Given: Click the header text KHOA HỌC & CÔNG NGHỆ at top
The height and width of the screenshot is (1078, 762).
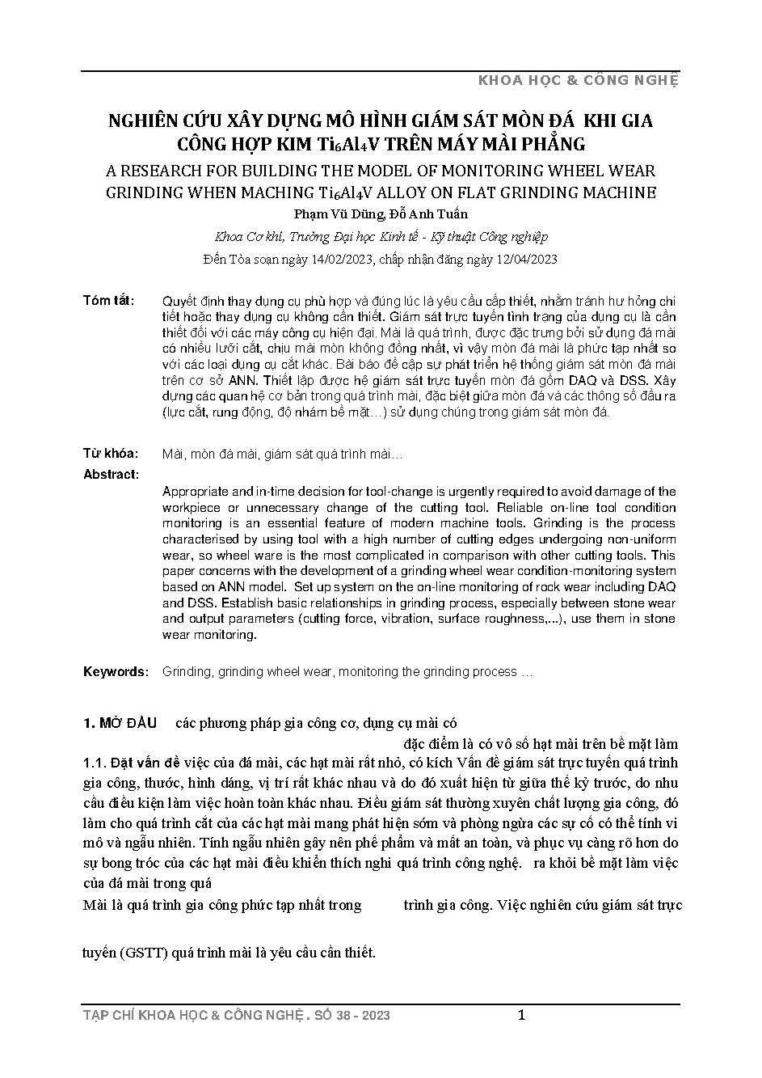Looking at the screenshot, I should pyautogui.click(x=579, y=80).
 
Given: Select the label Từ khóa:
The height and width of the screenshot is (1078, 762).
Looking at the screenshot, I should pyautogui.click(x=111, y=454).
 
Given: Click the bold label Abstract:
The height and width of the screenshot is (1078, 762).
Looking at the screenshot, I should pyautogui.click(x=111, y=475).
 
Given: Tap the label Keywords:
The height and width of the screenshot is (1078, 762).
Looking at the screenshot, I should pyautogui.click(x=116, y=672).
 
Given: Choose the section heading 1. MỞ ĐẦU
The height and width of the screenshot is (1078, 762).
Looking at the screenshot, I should pyautogui.click(x=120, y=723).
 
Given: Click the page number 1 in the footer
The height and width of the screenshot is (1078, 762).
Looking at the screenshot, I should pyautogui.click(x=521, y=1015).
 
